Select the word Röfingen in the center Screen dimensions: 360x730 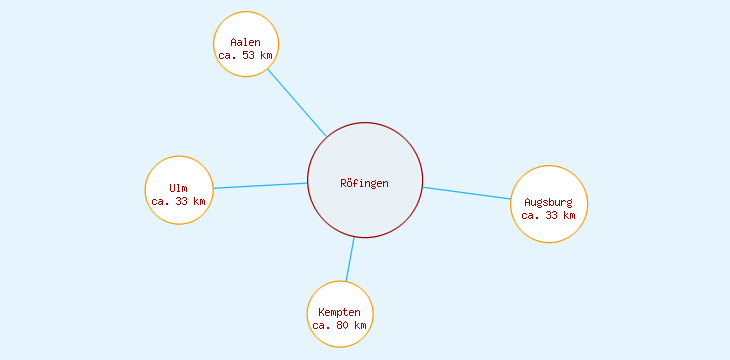click(364, 183)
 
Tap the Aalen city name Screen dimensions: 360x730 click(245, 42)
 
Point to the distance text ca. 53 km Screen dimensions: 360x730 click(245, 55)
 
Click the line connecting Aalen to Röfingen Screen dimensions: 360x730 click(296, 101)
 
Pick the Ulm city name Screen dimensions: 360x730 click(178, 188)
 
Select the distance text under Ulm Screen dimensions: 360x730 click(179, 201)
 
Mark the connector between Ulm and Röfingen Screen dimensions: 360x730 click(260, 185)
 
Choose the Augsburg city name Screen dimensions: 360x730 click(548, 202)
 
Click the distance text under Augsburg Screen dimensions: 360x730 click(548, 215)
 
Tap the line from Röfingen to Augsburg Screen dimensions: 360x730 click(467, 193)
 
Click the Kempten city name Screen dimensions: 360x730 click(339, 313)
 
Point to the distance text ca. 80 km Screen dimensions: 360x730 click(340, 326)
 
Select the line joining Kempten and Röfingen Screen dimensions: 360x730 click(350, 259)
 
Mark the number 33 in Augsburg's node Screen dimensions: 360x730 click(551, 215)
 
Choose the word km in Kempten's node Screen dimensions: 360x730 click(360, 326)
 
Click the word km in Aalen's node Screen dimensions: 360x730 click(265, 55)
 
